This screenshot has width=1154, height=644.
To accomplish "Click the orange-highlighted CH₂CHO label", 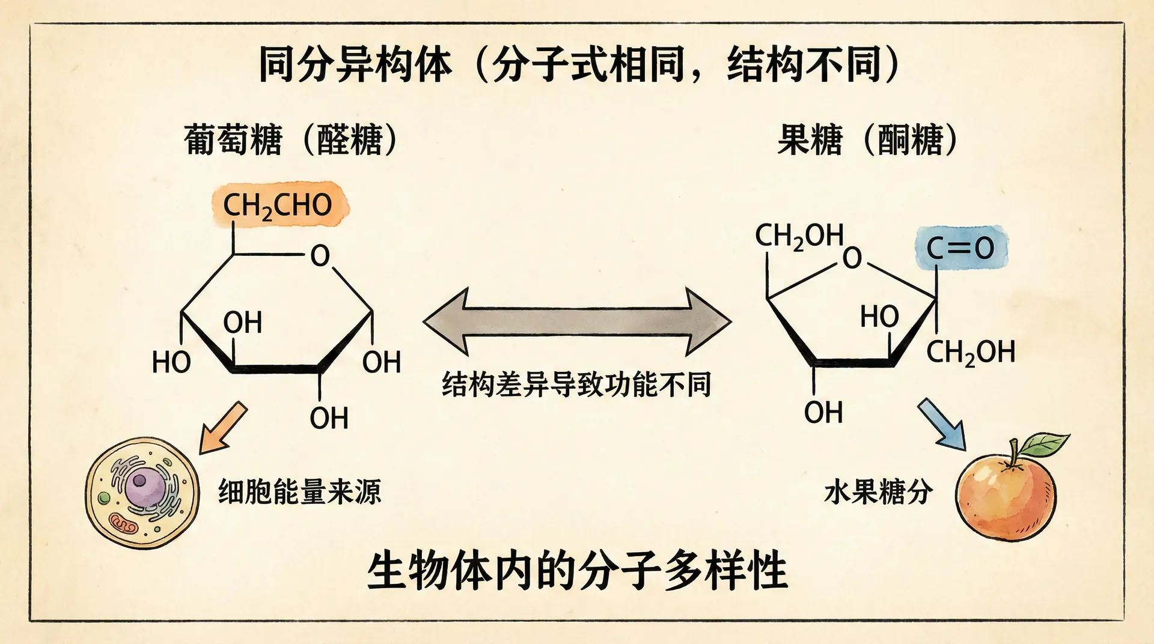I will [x=278, y=205].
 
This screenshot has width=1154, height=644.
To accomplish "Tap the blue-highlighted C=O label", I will [x=960, y=248].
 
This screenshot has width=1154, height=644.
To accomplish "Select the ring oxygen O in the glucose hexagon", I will [x=320, y=255].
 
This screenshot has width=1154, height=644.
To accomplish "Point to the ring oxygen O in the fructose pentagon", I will [x=852, y=258].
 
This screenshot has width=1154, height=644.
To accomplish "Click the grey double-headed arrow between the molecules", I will [x=577, y=322].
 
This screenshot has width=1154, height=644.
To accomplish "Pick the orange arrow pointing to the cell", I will [x=222, y=428].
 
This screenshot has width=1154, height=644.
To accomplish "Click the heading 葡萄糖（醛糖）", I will [x=291, y=140].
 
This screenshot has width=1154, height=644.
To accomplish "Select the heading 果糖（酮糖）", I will [x=867, y=140].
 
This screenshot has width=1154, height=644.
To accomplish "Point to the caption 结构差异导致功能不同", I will [x=576, y=384].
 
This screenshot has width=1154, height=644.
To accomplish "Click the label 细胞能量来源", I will [x=299, y=492].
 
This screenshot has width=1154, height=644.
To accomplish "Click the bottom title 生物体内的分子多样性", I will [x=577, y=571].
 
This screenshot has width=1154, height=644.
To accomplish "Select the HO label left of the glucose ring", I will [x=171, y=363].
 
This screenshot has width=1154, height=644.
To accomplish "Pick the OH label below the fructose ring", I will [x=823, y=413].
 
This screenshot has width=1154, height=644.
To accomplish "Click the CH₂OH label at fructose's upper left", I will [x=799, y=237].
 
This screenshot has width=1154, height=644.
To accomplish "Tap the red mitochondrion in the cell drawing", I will [x=124, y=524].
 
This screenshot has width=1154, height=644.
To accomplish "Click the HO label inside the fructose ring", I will [x=879, y=317].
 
